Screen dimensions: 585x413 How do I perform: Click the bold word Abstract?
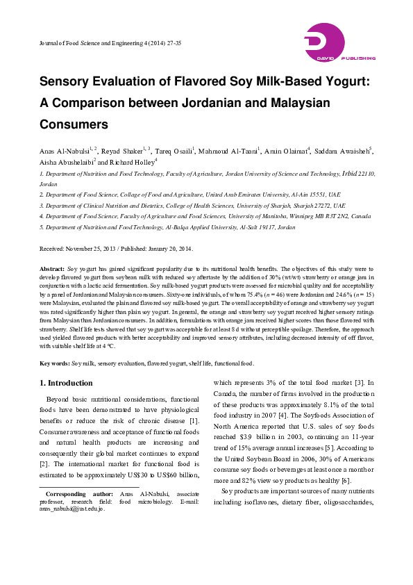coord(52,267)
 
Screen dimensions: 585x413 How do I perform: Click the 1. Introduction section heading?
coord(66,383)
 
